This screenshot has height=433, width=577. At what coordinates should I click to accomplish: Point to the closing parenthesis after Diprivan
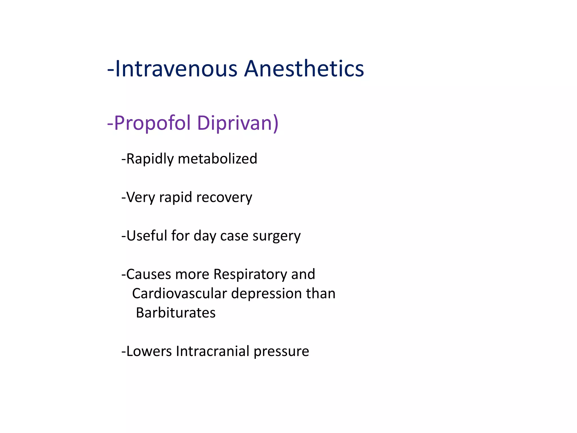click(x=276, y=123)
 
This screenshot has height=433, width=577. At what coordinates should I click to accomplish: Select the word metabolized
click(x=218, y=159)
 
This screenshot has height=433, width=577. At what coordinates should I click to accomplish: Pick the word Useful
click(x=147, y=236)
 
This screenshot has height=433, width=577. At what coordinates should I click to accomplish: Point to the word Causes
click(x=148, y=274)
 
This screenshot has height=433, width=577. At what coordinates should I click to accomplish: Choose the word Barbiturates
click(x=176, y=313)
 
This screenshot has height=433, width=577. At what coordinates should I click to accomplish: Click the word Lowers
click(x=149, y=351)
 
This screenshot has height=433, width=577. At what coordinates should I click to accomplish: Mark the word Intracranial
click(x=213, y=351)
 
